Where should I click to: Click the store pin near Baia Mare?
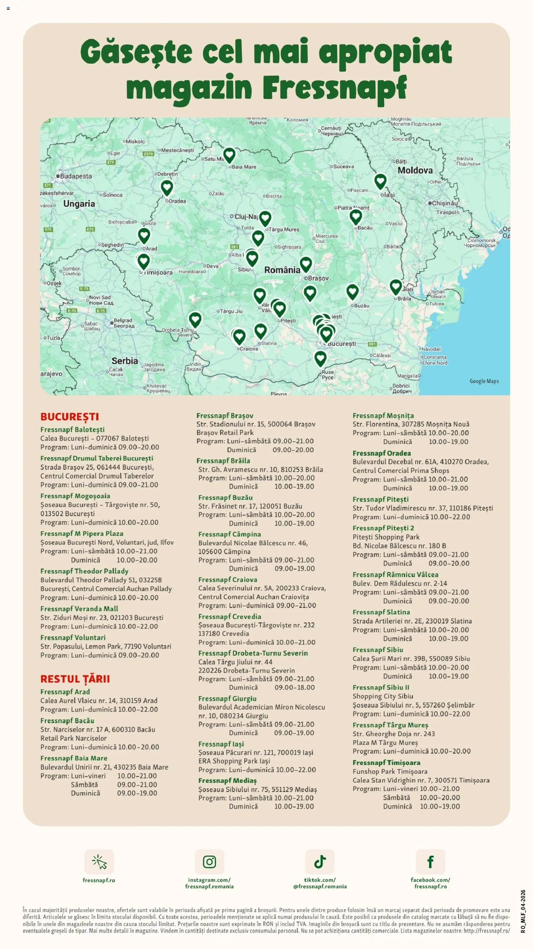click(x=229, y=155)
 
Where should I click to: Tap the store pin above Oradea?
click(x=167, y=187)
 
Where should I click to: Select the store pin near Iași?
click(x=380, y=181)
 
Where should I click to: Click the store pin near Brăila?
click(x=396, y=286)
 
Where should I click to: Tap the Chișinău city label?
click(x=445, y=203)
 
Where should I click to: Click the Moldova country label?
click(x=415, y=170)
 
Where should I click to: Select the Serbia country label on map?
click(x=124, y=361)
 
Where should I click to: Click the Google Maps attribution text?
click(x=484, y=381)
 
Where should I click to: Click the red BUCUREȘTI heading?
click(x=69, y=416)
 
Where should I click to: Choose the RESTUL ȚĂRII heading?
click(x=75, y=678)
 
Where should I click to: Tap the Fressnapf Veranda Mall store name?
click(x=79, y=609)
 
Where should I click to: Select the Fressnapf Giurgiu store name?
click(x=227, y=698)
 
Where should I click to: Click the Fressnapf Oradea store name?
click(x=381, y=453)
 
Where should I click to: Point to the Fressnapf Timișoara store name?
click(x=386, y=762)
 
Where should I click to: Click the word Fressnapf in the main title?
click(x=335, y=88)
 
